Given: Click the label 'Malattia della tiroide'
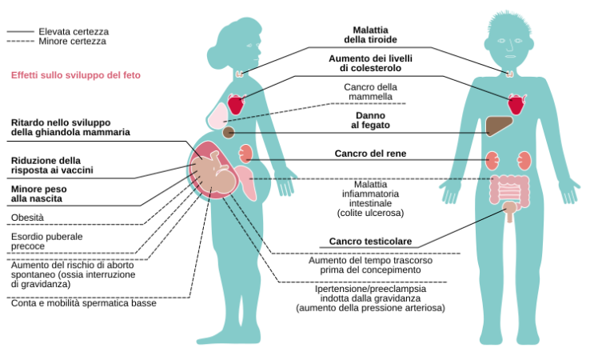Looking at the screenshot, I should (370, 34).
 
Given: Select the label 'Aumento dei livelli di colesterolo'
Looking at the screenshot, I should (370, 63).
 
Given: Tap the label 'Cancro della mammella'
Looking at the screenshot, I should (370, 92).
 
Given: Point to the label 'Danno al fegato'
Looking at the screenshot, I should (370, 119).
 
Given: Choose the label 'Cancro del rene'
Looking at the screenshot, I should (370, 153).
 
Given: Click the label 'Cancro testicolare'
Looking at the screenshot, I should (370, 242).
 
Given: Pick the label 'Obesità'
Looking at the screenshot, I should (28, 217).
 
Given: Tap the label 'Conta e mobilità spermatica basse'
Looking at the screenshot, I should (83, 303).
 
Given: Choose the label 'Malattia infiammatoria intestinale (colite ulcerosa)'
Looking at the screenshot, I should (370, 199).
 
